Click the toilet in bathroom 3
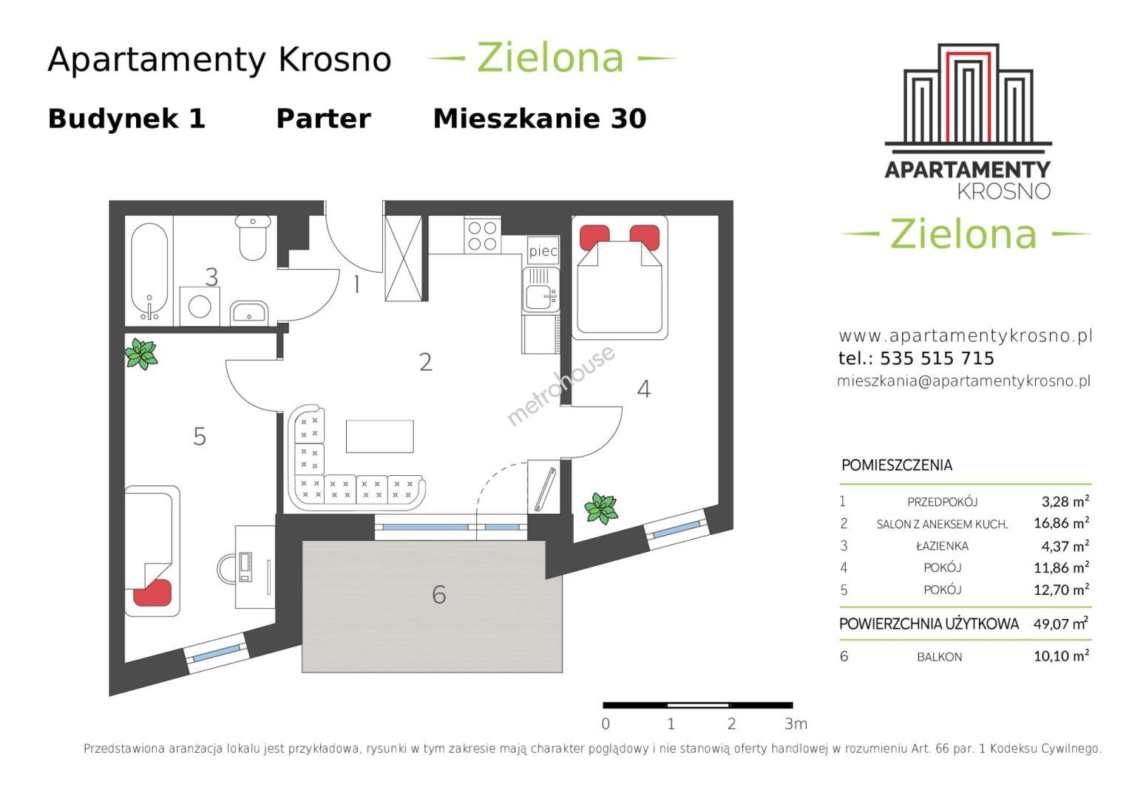click(x=253, y=238)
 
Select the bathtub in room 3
click(x=149, y=272)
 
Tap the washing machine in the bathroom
click(x=200, y=307)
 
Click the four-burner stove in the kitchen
click(x=482, y=236)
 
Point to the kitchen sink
click(x=540, y=290)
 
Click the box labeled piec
click(x=543, y=251)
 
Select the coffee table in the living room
click(x=379, y=436)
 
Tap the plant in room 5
click(x=141, y=354)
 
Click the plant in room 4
click(x=601, y=508)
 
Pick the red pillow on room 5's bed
click(x=152, y=593)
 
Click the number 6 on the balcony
click(x=439, y=595)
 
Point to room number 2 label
click(x=425, y=362)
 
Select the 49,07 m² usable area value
click(x=1060, y=624)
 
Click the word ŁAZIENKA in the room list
click(x=942, y=545)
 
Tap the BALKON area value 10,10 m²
click(x=1061, y=655)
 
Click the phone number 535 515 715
click(x=937, y=358)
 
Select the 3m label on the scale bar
click(x=796, y=724)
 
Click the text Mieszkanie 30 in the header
click(x=539, y=119)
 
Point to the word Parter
click(x=324, y=119)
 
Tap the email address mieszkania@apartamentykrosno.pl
click(x=963, y=381)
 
